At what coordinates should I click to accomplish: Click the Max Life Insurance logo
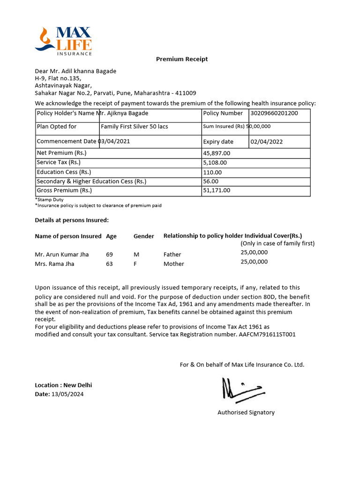tap(63, 42)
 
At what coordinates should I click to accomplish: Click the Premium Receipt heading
tap(181, 59)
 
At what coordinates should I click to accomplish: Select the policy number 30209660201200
tap(274, 113)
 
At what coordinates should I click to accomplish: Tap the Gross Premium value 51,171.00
tap(217, 190)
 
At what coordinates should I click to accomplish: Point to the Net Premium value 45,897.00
tap(217, 153)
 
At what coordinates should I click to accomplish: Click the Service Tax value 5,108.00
tap(215, 163)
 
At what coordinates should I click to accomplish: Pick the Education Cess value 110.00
tap(212, 172)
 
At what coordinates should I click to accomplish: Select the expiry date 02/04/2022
tap(267, 142)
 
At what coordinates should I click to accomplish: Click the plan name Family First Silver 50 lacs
tap(134, 127)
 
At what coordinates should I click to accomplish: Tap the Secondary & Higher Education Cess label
tap(91, 181)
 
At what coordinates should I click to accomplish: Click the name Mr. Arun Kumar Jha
tap(61, 255)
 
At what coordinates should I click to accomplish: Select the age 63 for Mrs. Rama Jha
tap(109, 264)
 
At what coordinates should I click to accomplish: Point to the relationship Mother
tap(173, 264)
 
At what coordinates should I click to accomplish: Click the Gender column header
tap(143, 236)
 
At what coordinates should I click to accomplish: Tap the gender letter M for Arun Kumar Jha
tap(136, 255)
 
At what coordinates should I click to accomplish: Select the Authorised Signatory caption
tap(246, 412)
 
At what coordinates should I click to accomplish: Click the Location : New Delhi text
tap(63, 385)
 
